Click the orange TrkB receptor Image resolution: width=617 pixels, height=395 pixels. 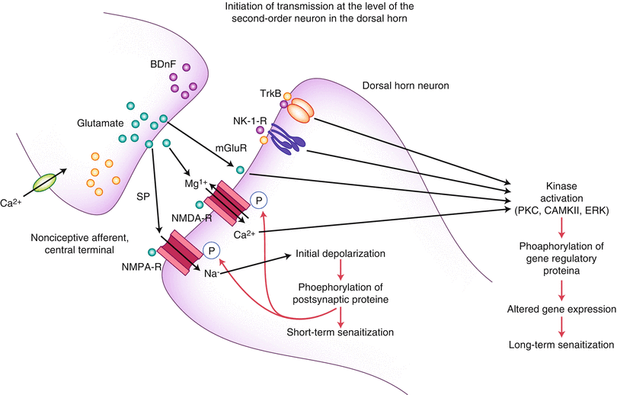299,111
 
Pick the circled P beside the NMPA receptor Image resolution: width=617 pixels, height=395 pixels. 210,249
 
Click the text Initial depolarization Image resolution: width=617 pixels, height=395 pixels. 340,253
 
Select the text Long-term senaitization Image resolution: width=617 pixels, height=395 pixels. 562,345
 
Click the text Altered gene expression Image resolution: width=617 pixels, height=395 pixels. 562,310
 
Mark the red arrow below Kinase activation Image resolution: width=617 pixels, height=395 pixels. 562,226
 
